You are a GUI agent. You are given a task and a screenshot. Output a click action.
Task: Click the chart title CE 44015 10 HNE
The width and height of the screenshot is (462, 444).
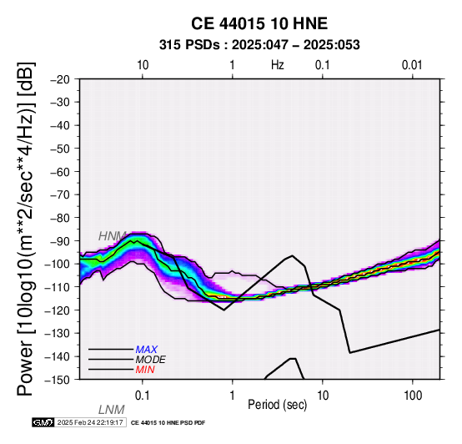259,23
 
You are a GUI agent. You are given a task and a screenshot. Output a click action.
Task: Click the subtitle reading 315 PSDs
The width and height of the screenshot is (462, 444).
189,45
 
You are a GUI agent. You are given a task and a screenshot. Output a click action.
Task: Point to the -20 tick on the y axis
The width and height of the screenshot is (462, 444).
61,79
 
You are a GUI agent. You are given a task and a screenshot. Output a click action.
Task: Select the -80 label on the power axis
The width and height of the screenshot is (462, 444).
61,218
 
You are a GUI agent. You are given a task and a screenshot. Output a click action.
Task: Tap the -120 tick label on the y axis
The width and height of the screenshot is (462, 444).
59,310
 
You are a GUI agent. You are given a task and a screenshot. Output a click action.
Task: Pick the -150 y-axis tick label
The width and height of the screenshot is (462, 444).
59,380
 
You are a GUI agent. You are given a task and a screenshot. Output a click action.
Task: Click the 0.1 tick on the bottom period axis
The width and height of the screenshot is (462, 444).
142,396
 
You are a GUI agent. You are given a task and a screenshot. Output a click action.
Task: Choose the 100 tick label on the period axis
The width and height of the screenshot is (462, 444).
413,396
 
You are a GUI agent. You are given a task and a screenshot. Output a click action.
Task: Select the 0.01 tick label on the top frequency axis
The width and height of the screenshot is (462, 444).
412,65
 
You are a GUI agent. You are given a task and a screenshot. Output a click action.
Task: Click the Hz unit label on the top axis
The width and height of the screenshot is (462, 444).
278,65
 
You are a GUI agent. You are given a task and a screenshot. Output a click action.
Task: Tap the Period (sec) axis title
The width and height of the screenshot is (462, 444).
277,405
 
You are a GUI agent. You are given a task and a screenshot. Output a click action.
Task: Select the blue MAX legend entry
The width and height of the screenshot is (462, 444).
147,350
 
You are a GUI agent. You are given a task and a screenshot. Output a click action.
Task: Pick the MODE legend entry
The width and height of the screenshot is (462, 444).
151,360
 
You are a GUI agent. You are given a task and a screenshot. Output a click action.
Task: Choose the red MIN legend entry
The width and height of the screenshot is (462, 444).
145,370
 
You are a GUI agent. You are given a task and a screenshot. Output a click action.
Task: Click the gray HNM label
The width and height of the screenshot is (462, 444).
113,236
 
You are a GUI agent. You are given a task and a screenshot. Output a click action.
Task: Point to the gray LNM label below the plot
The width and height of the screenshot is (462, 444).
112,410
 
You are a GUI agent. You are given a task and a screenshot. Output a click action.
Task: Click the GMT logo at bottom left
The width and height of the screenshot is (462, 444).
43,422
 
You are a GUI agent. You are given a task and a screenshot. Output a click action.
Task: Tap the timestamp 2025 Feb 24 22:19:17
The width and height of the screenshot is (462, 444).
90,422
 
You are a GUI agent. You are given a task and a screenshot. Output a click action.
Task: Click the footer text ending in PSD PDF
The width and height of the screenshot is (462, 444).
168,423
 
